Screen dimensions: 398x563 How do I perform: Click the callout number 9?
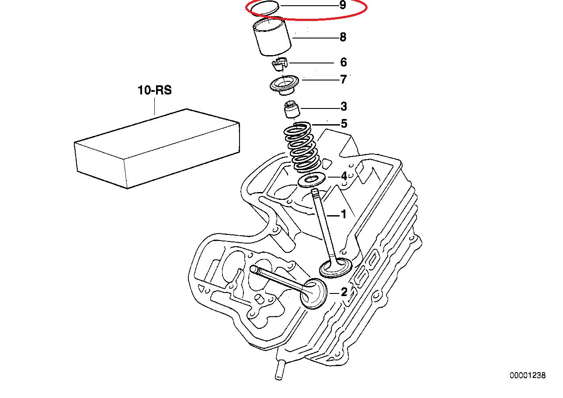(342, 6)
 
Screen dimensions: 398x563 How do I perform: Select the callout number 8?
(343, 37)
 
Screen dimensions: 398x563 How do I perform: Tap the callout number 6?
(343, 63)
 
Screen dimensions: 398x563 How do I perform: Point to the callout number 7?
(343, 80)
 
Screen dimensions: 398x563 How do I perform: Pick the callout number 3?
(344, 106)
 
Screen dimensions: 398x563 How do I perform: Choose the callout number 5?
(344, 124)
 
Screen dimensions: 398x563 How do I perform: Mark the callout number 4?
(344, 176)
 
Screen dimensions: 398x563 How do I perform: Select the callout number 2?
(344, 292)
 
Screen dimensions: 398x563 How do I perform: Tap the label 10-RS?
(155, 91)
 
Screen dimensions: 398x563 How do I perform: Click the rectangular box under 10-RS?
(157, 149)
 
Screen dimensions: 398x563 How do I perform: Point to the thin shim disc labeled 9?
(263, 8)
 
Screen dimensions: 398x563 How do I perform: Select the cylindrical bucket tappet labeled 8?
(272, 38)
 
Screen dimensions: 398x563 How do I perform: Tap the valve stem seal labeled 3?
(291, 110)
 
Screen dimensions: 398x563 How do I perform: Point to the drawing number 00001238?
(527, 375)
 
